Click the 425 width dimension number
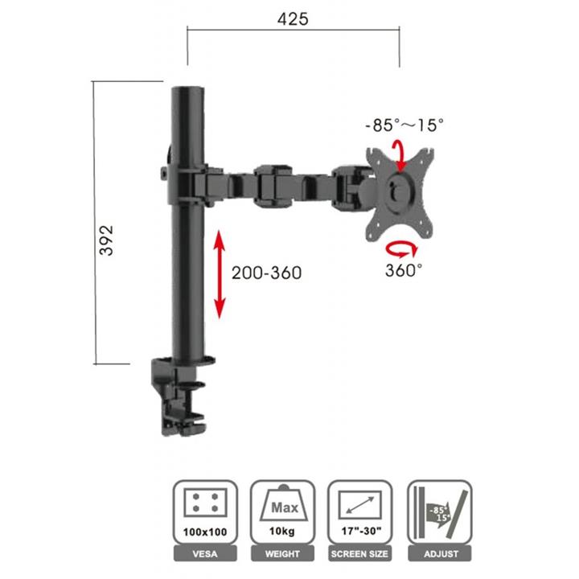(x=293, y=19)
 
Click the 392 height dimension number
(x=107, y=240)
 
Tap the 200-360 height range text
(x=267, y=273)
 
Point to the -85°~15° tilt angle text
(x=404, y=125)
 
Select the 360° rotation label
(x=404, y=270)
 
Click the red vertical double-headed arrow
(x=220, y=274)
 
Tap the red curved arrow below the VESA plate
(x=402, y=248)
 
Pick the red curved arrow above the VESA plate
(x=399, y=155)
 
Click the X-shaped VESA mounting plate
(x=400, y=194)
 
